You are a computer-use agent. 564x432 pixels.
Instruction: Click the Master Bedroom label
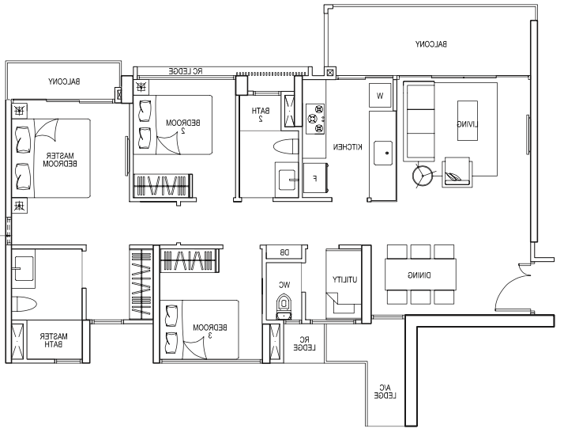60,160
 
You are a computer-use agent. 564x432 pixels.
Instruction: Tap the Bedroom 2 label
183,127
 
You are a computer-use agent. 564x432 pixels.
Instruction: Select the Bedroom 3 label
210,332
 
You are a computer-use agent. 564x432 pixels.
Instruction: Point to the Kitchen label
348,147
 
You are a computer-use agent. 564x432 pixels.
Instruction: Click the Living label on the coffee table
468,124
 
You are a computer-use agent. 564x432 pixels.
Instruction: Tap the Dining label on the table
419,275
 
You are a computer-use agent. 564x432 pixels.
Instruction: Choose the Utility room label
344,279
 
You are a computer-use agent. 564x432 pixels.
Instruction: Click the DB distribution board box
284,253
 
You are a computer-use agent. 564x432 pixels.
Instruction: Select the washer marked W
380,96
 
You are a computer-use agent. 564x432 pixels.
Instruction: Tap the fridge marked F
316,178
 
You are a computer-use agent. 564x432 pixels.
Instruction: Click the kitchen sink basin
383,153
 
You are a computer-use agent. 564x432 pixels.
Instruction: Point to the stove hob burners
315,119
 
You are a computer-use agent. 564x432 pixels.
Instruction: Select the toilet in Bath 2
286,147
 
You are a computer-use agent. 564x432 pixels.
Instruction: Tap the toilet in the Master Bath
24,304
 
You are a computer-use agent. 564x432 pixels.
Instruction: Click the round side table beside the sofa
423,176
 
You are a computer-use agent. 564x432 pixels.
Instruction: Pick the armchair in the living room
457,172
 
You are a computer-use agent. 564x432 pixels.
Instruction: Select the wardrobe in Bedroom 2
163,186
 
